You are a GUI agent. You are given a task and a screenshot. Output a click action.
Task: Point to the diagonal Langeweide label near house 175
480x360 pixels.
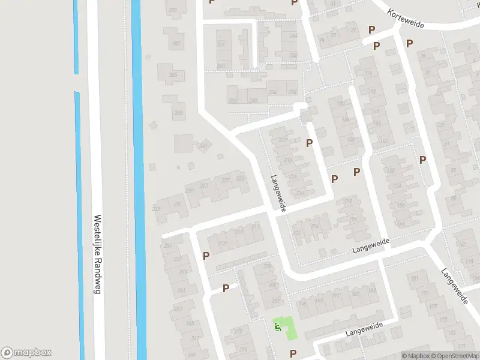(454, 285)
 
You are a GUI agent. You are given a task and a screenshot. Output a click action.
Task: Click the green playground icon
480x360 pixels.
(277, 327)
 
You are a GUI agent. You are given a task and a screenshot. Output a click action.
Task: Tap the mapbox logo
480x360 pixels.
(26, 353)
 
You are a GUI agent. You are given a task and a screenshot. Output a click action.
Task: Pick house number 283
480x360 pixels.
(178, 112)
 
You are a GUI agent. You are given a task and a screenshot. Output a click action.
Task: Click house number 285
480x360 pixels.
(173, 75)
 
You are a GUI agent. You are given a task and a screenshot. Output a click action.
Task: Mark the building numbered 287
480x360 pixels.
(176, 43)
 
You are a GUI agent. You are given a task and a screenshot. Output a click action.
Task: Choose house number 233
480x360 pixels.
(156, 209)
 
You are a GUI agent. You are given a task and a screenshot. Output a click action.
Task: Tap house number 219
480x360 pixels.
(223, 244)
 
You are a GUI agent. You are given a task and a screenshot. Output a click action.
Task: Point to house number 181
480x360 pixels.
(414, 280)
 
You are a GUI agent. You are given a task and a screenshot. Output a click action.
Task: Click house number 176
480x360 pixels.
(368, 74)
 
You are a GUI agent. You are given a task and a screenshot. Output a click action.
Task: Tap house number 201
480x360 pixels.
(276, 301)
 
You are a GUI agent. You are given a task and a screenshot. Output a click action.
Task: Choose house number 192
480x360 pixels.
(348, 202)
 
